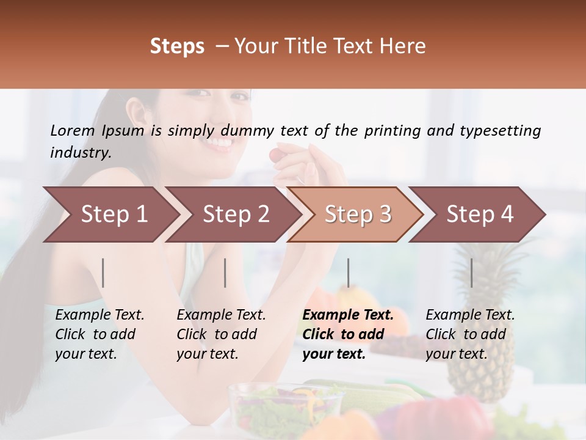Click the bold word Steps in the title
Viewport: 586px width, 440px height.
pyautogui.click(x=177, y=46)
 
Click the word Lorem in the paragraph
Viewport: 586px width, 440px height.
pyautogui.click(x=72, y=131)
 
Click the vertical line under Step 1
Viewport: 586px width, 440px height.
pyautogui.click(x=103, y=273)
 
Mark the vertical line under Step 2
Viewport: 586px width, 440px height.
pyautogui.click(x=225, y=273)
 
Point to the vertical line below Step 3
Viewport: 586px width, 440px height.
pyautogui.click(x=349, y=273)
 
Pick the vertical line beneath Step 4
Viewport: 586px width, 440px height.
pyautogui.click(x=471, y=273)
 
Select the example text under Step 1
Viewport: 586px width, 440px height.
pyautogui.click(x=99, y=334)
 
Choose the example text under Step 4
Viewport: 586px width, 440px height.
pyautogui.click(x=469, y=334)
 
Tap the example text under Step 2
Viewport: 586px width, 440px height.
pyautogui.click(x=220, y=334)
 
